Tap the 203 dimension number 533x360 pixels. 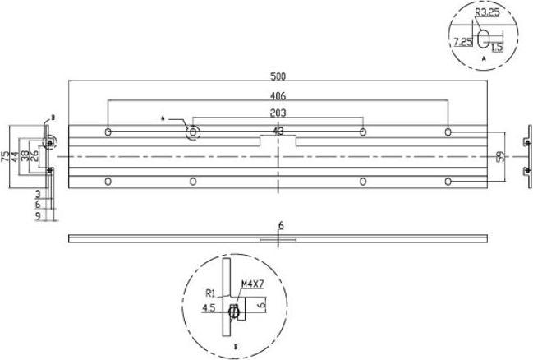(279, 114)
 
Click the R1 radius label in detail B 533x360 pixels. (210, 292)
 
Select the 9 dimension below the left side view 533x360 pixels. (39, 215)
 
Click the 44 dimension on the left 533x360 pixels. (16, 155)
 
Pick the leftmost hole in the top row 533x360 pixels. (108, 132)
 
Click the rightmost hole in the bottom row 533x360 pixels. (448, 180)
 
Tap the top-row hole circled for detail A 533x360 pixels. (194, 132)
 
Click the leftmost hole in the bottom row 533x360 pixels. (108, 180)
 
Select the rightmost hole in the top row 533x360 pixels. (448, 132)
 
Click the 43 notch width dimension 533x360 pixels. (279, 131)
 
